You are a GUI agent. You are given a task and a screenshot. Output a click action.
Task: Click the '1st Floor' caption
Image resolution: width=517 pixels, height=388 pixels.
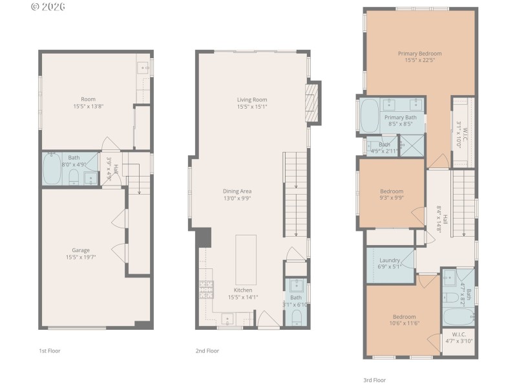pyautogui.click(x=50, y=350)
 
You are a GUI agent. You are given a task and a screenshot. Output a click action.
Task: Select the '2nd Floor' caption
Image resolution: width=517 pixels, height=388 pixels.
pyautogui.click(x=207, y=350)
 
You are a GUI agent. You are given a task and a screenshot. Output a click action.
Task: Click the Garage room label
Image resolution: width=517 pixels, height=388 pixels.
pyautogui.click(x=81, y=250)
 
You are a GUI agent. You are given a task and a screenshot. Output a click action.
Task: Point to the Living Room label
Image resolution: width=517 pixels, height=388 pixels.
pyautogui.click(x=252, y=99)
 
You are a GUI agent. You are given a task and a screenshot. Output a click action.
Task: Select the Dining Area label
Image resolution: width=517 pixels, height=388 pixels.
pyautogui.click(x=237, y=191)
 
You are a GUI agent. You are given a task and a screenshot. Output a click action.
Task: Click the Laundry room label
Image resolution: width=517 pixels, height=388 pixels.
pyautogui.click(x=390, y=260)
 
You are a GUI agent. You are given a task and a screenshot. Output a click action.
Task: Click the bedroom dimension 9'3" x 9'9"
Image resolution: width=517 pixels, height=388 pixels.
pyautogui.click(x=392, y=199)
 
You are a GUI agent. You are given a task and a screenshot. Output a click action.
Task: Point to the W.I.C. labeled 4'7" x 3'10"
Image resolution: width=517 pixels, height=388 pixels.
pyautogui.click(x=459, y=338)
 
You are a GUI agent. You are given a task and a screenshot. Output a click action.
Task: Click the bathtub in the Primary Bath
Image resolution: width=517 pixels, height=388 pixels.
pyautogui.click(x=371, y=116)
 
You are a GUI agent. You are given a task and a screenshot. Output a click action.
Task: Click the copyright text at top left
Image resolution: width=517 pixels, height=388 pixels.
pyautogui.click(x=48, y=8)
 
